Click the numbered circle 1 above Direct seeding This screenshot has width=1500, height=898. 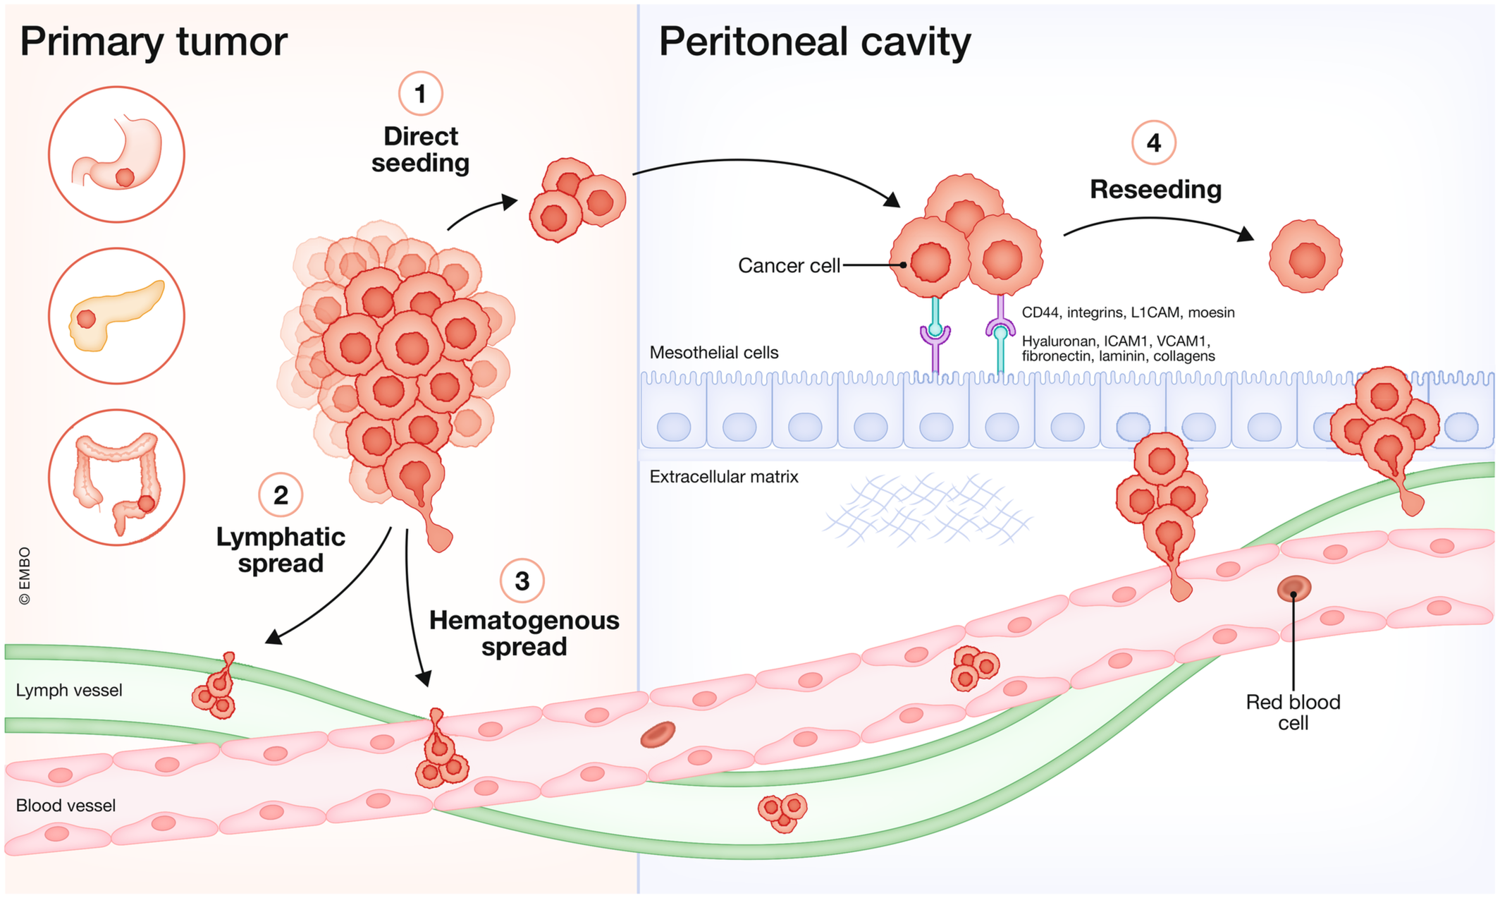coord(420,93)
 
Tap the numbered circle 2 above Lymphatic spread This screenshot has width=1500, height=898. coord(281,495)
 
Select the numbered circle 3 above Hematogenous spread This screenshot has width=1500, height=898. coord(522,581)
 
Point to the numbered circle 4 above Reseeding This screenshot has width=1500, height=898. coord(1153,142)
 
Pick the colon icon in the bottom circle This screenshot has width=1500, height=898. coord(117,478)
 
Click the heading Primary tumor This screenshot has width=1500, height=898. coord(153,42)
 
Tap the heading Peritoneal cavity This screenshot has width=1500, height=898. coord(814,42)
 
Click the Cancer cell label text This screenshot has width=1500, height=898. coord(789,266)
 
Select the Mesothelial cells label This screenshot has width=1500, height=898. coord(714,353)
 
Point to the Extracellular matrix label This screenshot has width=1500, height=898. coord(724,477)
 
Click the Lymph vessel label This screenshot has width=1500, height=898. coord(69,690)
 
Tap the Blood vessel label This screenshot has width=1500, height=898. coord(66,806)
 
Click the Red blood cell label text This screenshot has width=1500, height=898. coord(1293,712)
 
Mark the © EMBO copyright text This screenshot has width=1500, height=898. coord(25,576)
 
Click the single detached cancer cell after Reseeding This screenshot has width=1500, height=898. coord(1305,256)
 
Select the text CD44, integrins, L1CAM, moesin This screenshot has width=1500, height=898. coord(1128,313)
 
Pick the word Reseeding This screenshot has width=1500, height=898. coord(1155,190)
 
